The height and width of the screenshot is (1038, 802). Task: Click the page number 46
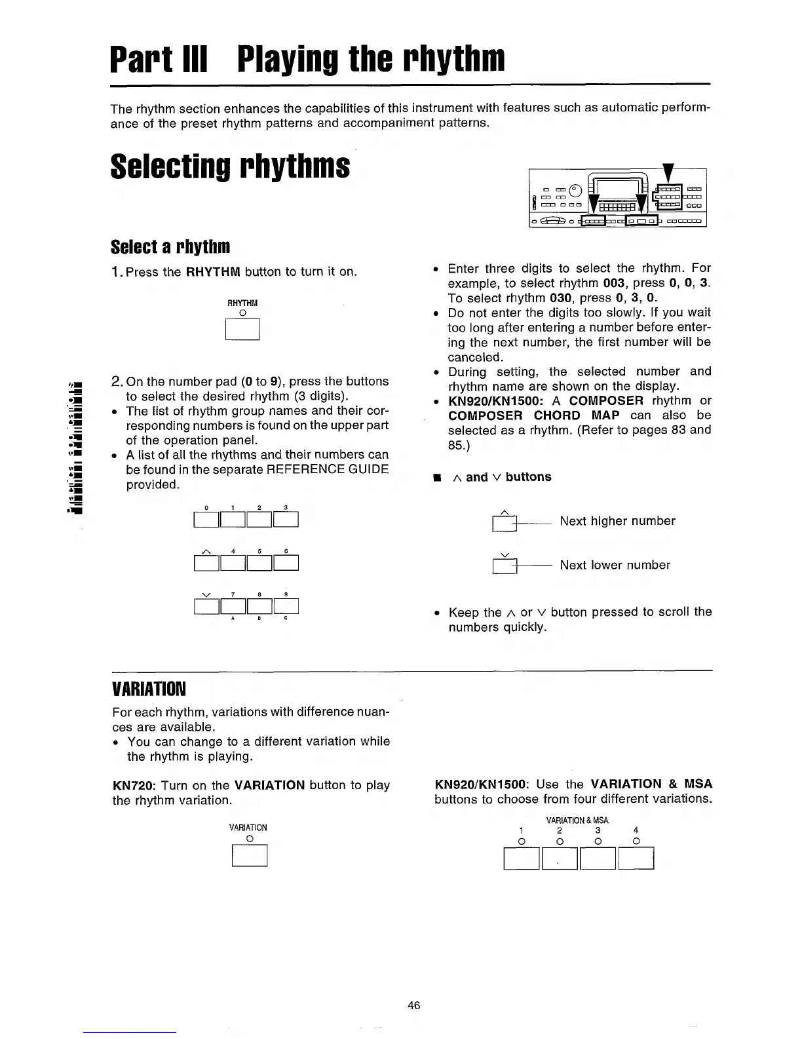413,1005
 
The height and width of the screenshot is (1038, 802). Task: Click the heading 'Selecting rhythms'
230,167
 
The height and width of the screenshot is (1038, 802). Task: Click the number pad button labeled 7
233,607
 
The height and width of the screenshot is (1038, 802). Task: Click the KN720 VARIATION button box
250,856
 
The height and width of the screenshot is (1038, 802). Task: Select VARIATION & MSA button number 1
522,858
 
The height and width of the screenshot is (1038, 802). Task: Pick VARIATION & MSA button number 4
636,858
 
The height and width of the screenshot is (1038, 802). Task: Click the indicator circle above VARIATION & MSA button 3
598,841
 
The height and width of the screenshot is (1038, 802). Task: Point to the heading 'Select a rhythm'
170,247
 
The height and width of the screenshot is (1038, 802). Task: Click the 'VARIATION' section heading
149,689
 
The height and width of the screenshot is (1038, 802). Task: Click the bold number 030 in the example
563,298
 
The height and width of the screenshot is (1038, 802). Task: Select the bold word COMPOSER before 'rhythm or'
606,400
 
